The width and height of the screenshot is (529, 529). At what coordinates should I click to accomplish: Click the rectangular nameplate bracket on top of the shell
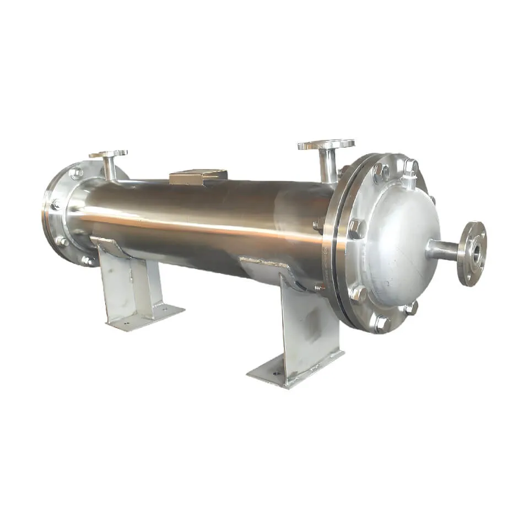pyautogui.click(x=198, y=176)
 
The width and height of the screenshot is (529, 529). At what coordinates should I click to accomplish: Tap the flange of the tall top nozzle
pyautogui.click(x=326, y=144)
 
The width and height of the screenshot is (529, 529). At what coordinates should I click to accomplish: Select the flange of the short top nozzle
pyautogui.click(x=108, y=154)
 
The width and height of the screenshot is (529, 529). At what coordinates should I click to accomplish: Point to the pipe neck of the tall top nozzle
pyautogui.click(x=328, y=165)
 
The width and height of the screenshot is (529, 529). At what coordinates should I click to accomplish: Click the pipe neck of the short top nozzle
pyautogui.click(x=110, y=168)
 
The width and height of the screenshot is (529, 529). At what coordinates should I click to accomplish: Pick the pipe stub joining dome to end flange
pyautogui.click(x=444, y=251)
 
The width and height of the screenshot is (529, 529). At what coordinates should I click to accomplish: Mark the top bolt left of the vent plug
pyautogui.click(x=379, y=172)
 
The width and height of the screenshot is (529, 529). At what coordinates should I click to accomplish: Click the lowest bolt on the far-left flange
pyautogui.click(x=87, y=260)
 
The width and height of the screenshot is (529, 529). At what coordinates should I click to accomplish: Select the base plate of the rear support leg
pyautogui.click(x=144, y=318)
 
